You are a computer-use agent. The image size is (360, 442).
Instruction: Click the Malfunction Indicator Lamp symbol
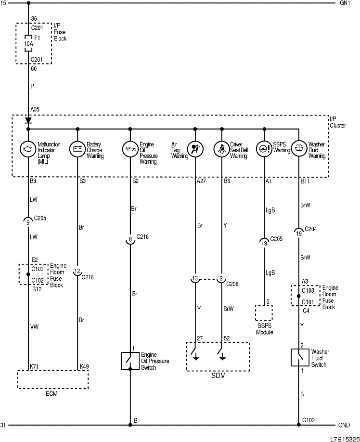pos(28,149)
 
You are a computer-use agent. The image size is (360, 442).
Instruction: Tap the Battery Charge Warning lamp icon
pos(77,149)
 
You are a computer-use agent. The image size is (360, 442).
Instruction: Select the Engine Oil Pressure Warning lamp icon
pos(130,149)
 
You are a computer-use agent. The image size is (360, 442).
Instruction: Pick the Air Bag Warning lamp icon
pos(195,149)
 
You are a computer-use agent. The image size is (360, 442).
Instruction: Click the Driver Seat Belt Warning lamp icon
pos(221,149)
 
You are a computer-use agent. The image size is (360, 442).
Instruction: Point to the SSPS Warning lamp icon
pos(264,149)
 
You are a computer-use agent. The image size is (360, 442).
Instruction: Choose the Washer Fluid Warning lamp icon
pos(299,149)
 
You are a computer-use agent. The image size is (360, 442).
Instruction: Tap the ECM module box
pos(52,379)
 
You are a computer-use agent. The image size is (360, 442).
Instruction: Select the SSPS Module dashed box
pos(264,313)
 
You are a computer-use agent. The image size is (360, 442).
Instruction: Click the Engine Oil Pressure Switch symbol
pos(130,361)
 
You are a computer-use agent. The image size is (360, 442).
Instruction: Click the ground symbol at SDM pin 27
pos(195,356)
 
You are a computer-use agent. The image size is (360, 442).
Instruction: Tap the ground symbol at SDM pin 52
pos(221,356)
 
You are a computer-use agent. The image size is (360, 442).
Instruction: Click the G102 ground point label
pos(308,420)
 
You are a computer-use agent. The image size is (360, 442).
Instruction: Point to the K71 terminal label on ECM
pos(34,367)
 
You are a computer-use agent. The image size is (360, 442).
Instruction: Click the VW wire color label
pos(35,326)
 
